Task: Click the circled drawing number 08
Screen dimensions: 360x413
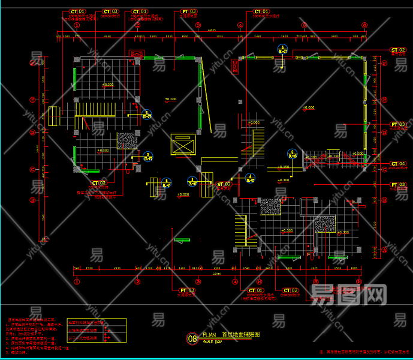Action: click(x=192, y=339)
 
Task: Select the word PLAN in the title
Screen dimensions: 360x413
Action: click(x=209, y=335)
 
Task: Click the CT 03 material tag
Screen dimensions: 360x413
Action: click(x=111, y=11)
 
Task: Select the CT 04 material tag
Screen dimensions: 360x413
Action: click(x=398, y=163)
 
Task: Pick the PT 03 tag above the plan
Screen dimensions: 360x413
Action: click(x=189, y=11)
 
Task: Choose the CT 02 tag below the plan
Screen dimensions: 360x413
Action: click(x=291, y=290)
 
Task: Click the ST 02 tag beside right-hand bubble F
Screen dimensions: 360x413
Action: click(x=398, y=50)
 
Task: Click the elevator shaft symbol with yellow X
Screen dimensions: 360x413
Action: click(x=183, y=146)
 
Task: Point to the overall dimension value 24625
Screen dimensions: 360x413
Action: click(x=212, y=30)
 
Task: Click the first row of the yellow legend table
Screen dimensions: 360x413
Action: click(x=97, y=322)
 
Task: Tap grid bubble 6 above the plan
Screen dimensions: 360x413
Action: click(x=364, y=25)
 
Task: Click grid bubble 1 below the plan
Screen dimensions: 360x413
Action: click(x=77, y=281)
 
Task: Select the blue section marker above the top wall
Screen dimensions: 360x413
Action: click(x=282, y=50)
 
